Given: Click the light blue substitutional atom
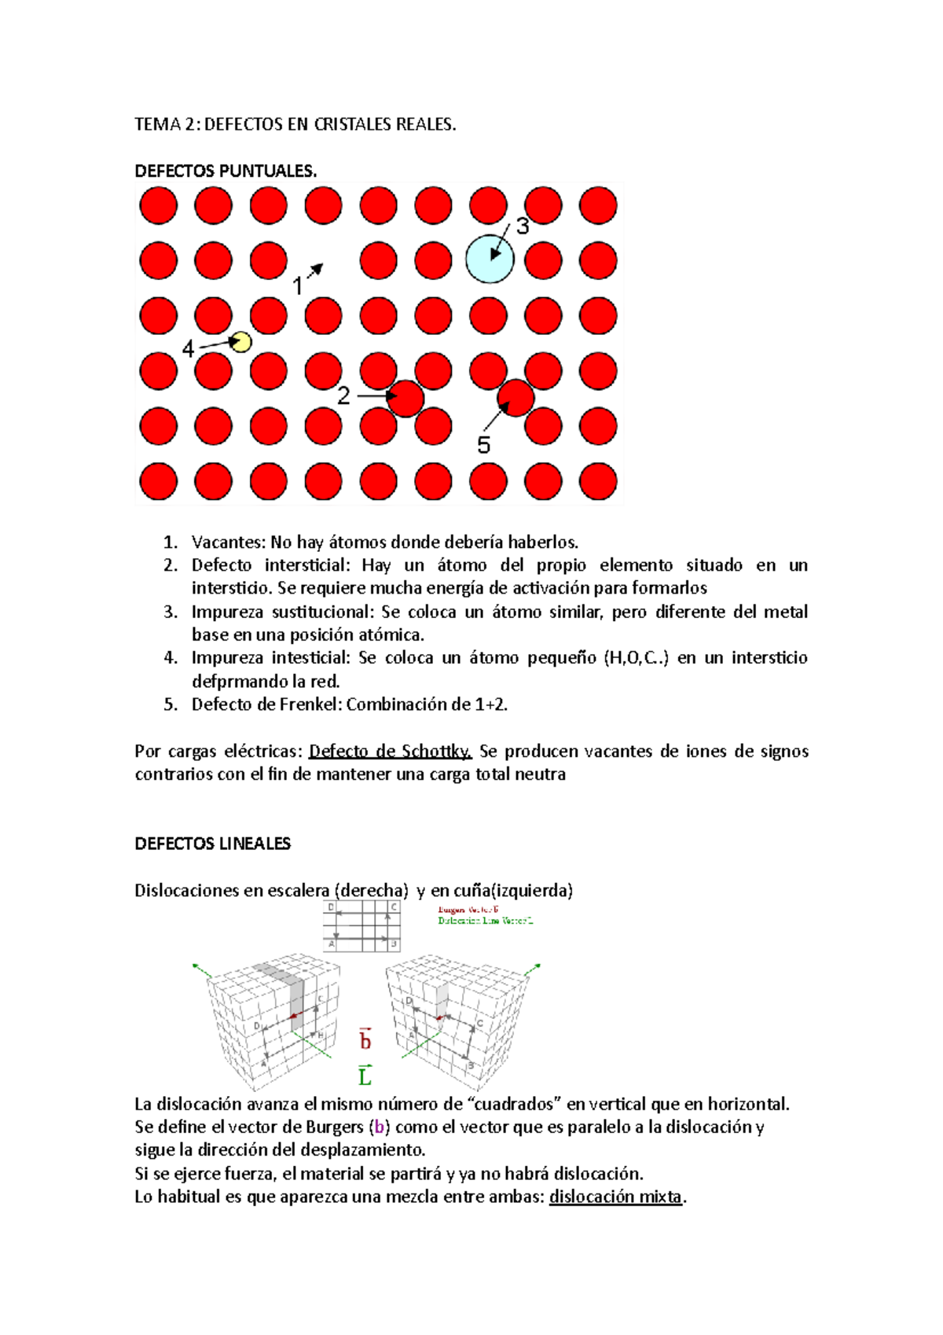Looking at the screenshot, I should [490, 259].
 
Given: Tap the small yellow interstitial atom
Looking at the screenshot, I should [240, 342].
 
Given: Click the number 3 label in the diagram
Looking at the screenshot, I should [523, 227].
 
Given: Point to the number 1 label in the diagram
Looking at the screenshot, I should [298, 286].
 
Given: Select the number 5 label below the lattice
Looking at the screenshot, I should [484, 446].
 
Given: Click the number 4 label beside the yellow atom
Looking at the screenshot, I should [188, 348].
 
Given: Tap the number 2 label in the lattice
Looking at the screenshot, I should [343, 396].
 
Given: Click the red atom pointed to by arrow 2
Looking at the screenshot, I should [406, 399].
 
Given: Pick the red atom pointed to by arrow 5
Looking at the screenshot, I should [516, 398].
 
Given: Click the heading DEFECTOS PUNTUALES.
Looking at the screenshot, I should [226, 171].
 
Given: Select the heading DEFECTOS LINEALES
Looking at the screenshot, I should [212, 844].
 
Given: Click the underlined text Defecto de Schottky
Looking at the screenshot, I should [390, 752].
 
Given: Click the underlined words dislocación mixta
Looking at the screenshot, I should [616, 1197].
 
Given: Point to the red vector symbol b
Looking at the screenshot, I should [365, 1040].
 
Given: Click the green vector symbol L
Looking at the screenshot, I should [365, 1076].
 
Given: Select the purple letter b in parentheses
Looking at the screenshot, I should [379, 1127].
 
